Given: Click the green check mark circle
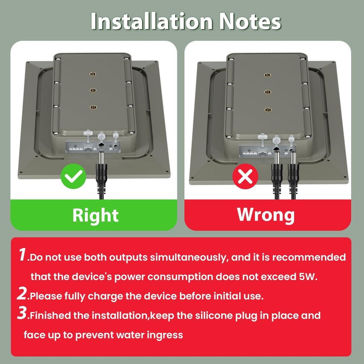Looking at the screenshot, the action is [73, 176].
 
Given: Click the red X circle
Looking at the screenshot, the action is [245, 176].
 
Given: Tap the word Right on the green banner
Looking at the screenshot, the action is [95, 215].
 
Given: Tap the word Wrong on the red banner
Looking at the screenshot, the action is [266, 215].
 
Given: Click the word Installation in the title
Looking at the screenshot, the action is [152, 21].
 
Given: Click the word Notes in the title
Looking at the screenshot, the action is [250, 21].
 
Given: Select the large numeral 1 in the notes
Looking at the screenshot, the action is [23, 255].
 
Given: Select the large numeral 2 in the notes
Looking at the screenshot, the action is [22, 293].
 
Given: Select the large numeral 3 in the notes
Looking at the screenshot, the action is [22, 313].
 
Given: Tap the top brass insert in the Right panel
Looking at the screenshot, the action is [93, 74].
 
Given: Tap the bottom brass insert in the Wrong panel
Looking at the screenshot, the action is [268, 110].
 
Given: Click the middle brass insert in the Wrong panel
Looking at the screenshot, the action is [268, 92].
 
